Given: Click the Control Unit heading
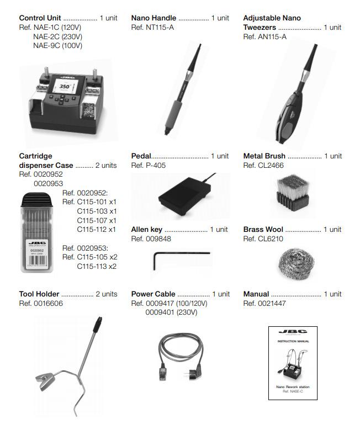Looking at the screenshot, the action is tap(40, 18).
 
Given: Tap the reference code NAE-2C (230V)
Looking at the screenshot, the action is tap(57, 36).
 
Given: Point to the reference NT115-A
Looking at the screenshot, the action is tap(152, 27).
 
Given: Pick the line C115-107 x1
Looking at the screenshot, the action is tap(97, 220).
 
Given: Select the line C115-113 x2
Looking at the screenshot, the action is tap(97, 266).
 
